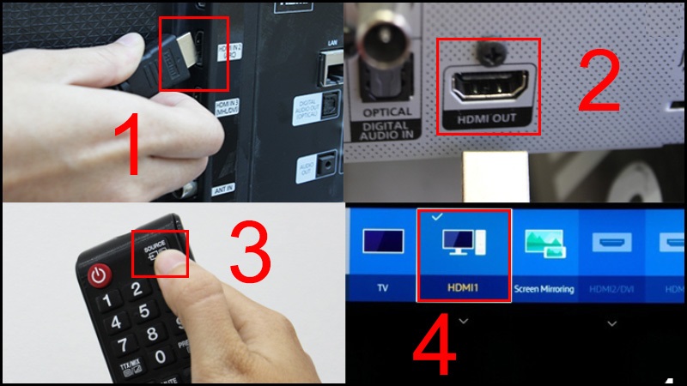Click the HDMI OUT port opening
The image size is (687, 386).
coord(487,86)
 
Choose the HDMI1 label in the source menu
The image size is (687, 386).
coord(464,289)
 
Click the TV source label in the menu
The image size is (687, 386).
coord(383,289)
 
